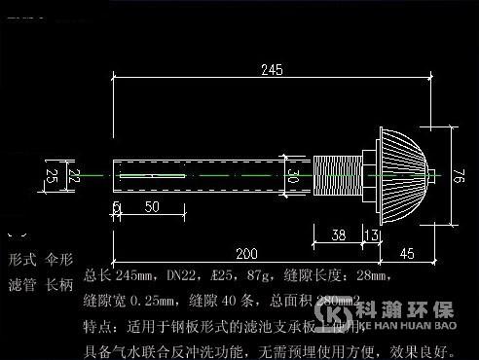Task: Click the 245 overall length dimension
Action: point(272,69)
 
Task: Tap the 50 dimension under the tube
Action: point(152,207)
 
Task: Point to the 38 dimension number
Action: point(338,234)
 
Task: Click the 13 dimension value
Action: point(371,234)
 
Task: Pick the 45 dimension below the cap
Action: point(406,255)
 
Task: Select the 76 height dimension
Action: point(460,176)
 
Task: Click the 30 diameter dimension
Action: point(293,176)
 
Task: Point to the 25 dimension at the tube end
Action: point(52,175)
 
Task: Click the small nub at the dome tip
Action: point(432,175)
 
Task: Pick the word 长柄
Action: point(60,285)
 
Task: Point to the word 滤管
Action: point(20,285)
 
